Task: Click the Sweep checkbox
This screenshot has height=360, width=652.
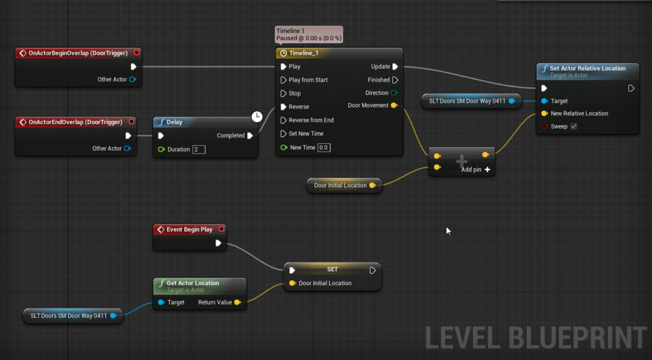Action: [574, 127]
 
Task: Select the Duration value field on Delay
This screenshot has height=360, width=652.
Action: [199, 149]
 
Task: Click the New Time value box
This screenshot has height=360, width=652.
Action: [324, 147]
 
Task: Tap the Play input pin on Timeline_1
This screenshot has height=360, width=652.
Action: [283, 67]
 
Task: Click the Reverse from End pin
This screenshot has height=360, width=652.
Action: [283, 120]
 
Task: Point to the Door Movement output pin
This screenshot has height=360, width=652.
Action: [393, 105]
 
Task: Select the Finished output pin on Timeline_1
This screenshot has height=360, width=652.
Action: [395, 80]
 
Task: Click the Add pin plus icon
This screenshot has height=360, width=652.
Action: [487, 169]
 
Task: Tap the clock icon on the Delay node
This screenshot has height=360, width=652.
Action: [257, 117]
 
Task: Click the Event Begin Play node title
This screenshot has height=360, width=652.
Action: [189, 229]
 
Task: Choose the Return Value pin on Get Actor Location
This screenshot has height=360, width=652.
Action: [237, 302]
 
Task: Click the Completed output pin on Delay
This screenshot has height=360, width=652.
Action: [250, 135]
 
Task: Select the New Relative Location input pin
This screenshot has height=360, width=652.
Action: [544, 113]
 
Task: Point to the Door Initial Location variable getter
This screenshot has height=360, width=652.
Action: [344, 185]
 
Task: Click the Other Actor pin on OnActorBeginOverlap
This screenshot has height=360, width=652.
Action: [132, 80]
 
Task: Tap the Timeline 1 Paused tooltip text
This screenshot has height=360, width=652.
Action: [309, 34]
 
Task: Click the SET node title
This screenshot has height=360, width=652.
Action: [332, 270]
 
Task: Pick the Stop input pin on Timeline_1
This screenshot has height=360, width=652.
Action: [283, 93]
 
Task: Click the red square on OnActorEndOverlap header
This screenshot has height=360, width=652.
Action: [131, 122]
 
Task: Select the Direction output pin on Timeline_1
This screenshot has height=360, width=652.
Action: [393, 93]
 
